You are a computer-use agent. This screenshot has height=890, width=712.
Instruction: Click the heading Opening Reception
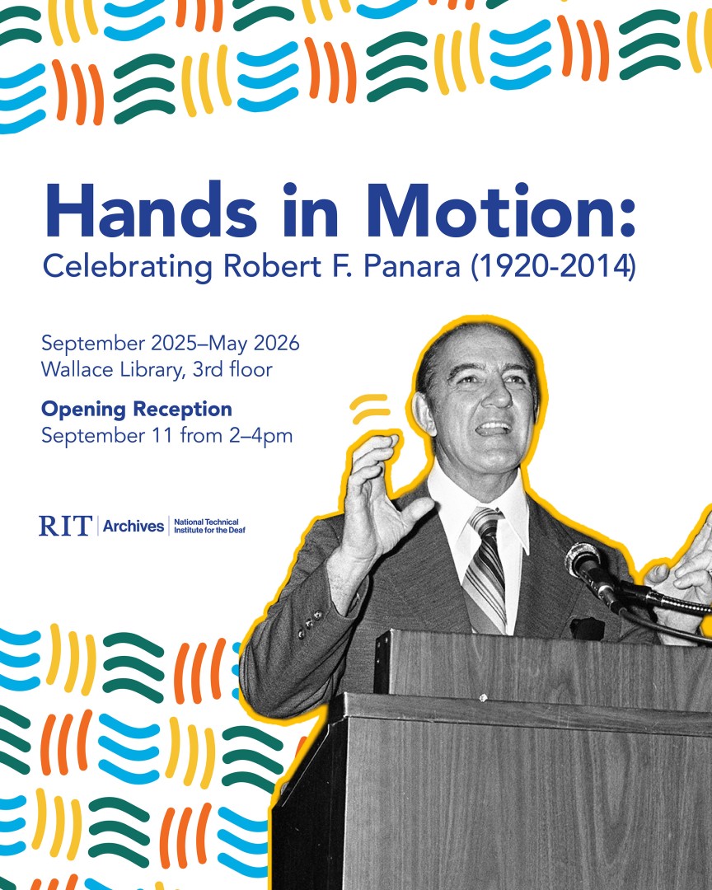(x=137, y=410)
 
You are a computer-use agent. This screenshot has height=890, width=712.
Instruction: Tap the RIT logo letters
(x=64, y=526)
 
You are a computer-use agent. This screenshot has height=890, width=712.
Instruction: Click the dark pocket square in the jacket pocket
(x=588, y=628)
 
